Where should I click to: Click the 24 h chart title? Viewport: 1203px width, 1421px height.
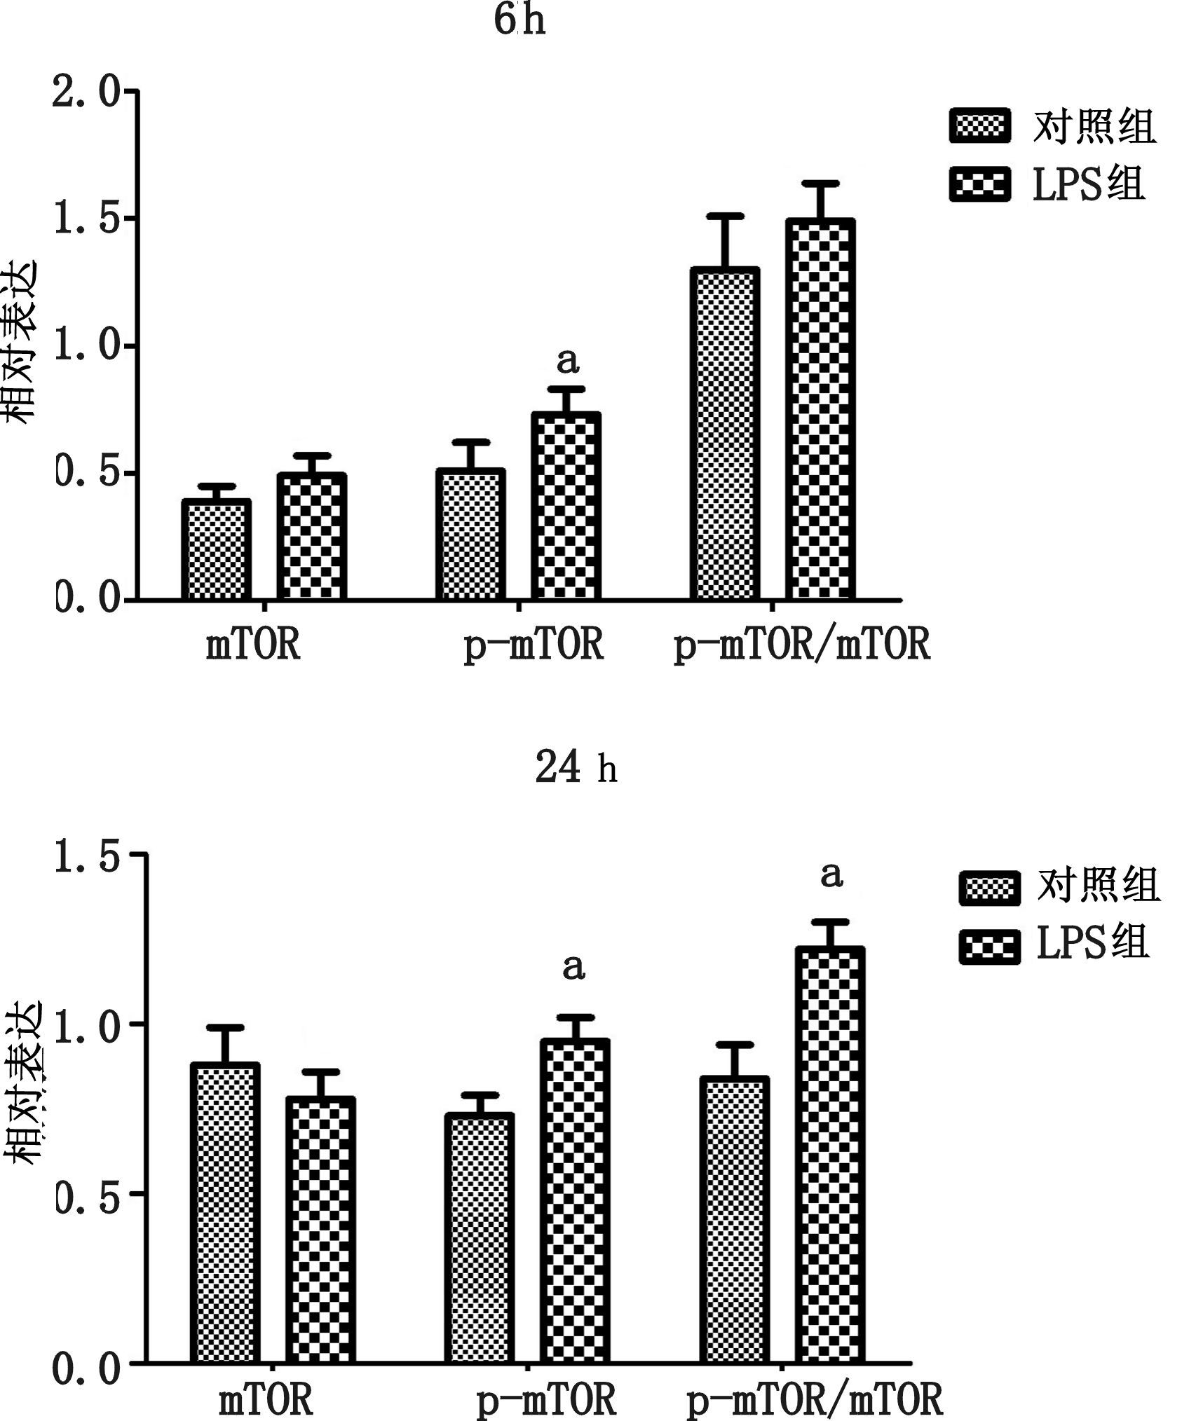click(x=576, y=768)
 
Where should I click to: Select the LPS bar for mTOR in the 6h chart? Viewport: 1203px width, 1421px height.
click(x=311, y=536)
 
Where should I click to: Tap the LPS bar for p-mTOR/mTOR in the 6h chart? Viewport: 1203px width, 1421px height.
click(x=820, y=410)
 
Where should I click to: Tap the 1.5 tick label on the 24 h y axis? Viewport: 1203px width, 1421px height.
click(x=87, y=854)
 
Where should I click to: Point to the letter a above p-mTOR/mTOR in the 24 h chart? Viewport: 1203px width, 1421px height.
click(x=831, y=875)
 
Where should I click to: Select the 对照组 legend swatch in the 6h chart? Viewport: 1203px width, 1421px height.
click(x=979, y=127)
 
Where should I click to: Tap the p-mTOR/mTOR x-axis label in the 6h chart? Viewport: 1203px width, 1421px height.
click(x=801, y=644)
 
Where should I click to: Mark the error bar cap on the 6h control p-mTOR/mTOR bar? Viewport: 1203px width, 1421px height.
click(x=724, y=216)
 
